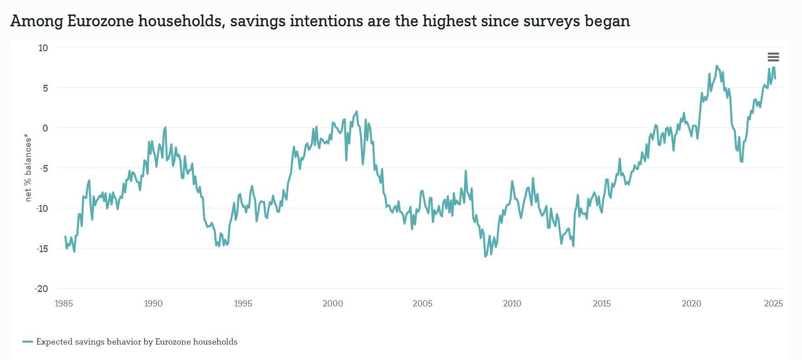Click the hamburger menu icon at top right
[773, 57]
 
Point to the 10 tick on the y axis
[43, 48]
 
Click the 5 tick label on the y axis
[45, 88]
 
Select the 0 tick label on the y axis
[45, 128]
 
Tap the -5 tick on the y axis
[43, 168]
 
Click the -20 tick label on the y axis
[41, 289]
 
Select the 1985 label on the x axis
[64, 304]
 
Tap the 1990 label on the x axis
[153, 304]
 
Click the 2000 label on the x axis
[333, 304]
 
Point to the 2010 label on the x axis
[512, 304]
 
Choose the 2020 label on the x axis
[691, 304]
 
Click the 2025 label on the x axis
[773, 304]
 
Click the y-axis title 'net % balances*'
[29, 168]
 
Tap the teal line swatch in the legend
[28, 342]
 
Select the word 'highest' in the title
[450, 21]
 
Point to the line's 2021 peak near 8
[717, 66]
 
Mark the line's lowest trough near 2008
[485, 257]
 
